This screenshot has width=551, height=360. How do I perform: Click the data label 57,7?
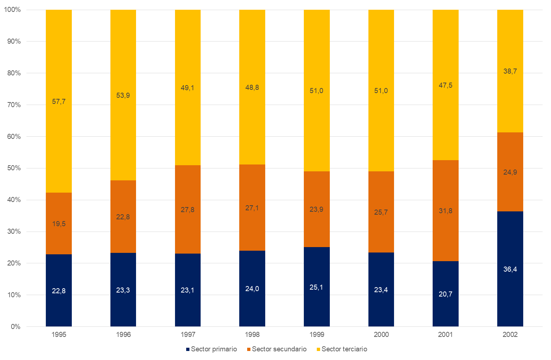coord(58,101)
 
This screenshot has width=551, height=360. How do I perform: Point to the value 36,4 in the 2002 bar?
coord(510,269)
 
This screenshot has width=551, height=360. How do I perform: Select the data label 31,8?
coord(445,211)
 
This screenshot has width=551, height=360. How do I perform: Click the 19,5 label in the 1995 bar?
coord(58,224)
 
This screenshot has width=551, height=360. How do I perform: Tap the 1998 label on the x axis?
coord(252,334)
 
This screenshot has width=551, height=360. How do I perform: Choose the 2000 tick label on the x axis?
coord(381,334)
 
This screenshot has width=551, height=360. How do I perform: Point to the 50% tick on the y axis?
coord(14,168)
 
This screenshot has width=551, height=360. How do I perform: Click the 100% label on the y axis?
coord(12,10)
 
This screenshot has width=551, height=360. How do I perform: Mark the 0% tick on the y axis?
coord(16,327)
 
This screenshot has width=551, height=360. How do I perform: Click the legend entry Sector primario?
coord(214,349)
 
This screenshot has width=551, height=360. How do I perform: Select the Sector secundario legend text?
coord(279,349)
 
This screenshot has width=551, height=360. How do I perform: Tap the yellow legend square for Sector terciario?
coord(318,349)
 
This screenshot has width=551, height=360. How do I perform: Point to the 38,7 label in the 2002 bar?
coord(510,71)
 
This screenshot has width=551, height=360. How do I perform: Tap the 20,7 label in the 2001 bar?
coord(445,294)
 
